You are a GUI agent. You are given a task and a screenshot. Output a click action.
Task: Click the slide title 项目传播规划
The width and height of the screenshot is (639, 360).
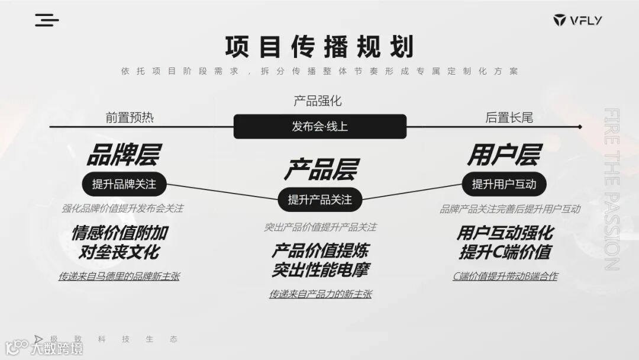319,46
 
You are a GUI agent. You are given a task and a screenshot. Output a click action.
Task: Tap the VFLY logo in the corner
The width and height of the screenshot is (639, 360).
577,21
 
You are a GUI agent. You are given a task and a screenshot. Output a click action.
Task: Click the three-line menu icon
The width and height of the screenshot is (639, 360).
47,20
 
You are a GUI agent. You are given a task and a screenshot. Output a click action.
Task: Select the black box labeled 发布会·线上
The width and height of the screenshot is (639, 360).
319,126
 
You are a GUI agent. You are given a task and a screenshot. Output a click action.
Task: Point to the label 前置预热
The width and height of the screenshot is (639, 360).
130,117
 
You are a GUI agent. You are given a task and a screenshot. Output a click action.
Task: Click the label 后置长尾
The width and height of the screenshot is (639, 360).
509,117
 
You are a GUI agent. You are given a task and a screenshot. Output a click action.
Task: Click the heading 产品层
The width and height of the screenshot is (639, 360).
319,169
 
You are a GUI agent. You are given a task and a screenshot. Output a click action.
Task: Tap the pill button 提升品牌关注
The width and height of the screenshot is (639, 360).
124,184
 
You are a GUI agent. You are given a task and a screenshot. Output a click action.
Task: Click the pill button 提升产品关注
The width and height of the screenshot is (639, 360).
319,200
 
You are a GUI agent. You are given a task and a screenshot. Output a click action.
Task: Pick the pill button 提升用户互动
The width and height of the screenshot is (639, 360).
504,184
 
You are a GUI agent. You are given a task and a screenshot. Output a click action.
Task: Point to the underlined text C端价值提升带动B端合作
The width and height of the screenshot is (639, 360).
505,276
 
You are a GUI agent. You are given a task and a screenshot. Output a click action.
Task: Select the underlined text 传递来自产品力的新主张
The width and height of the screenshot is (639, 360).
320,294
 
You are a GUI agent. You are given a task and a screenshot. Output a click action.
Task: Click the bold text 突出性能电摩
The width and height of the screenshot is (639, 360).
320,270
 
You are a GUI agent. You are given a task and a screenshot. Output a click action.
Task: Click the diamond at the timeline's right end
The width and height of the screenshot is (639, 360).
580,126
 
